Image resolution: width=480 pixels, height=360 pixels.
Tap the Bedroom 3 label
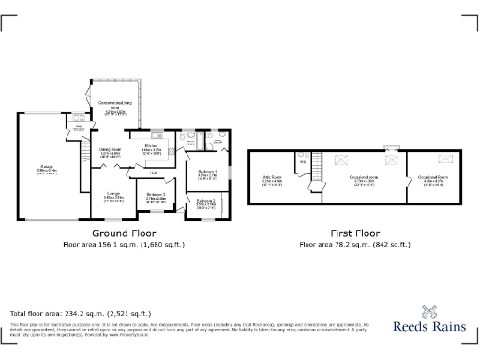[156, 197]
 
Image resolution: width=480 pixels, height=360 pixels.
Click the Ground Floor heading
[123, 232]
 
